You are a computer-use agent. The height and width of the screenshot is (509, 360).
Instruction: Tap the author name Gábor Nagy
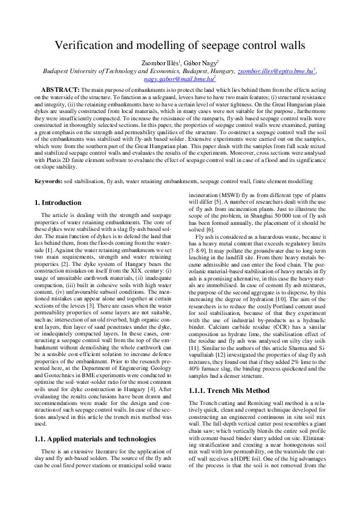coord(201,62)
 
